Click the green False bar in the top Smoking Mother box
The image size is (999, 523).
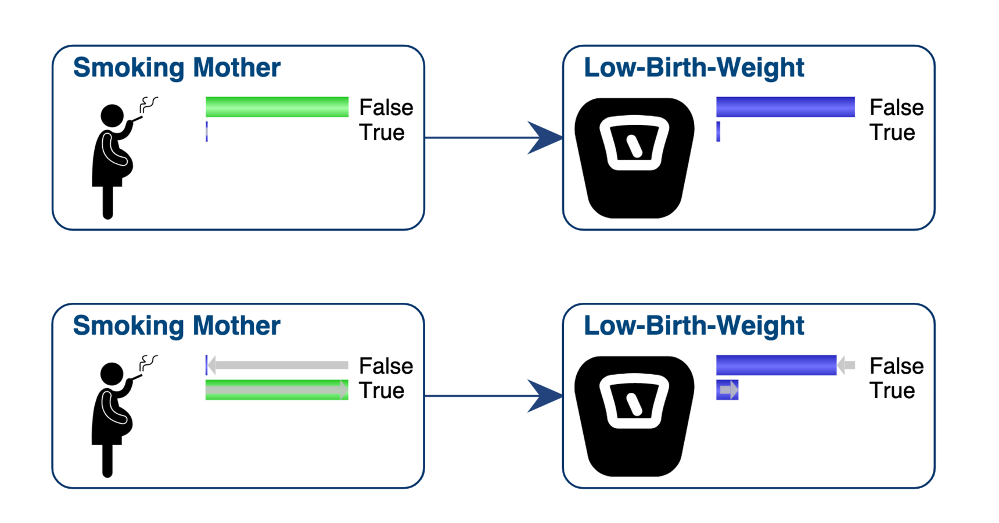point(277,107)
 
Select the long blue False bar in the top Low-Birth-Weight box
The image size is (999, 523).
point(785,107)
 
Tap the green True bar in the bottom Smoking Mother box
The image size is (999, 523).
point(277,390)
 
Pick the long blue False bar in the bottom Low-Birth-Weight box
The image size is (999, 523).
point(776,365)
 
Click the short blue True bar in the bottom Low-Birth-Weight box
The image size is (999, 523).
point(727,390)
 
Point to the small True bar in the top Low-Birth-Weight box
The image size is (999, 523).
point(718,131)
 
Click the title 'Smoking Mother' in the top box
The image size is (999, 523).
point(177,67)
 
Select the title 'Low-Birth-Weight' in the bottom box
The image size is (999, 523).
point(693,325)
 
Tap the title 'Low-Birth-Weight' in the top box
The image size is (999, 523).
point(693,67)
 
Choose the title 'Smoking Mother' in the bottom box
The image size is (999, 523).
point(177,325)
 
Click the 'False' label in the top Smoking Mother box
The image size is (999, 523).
point(386,108)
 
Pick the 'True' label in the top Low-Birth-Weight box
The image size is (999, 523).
point(892,132)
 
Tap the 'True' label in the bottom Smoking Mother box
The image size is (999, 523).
point(382,391)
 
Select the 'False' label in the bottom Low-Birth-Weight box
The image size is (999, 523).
point(896,366)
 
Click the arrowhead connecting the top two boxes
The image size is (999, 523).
point(544,138)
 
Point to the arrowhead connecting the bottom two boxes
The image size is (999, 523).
point(544,396)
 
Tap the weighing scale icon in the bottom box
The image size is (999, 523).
point(634,416)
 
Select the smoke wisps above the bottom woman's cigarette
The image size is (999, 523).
point(148,363)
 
